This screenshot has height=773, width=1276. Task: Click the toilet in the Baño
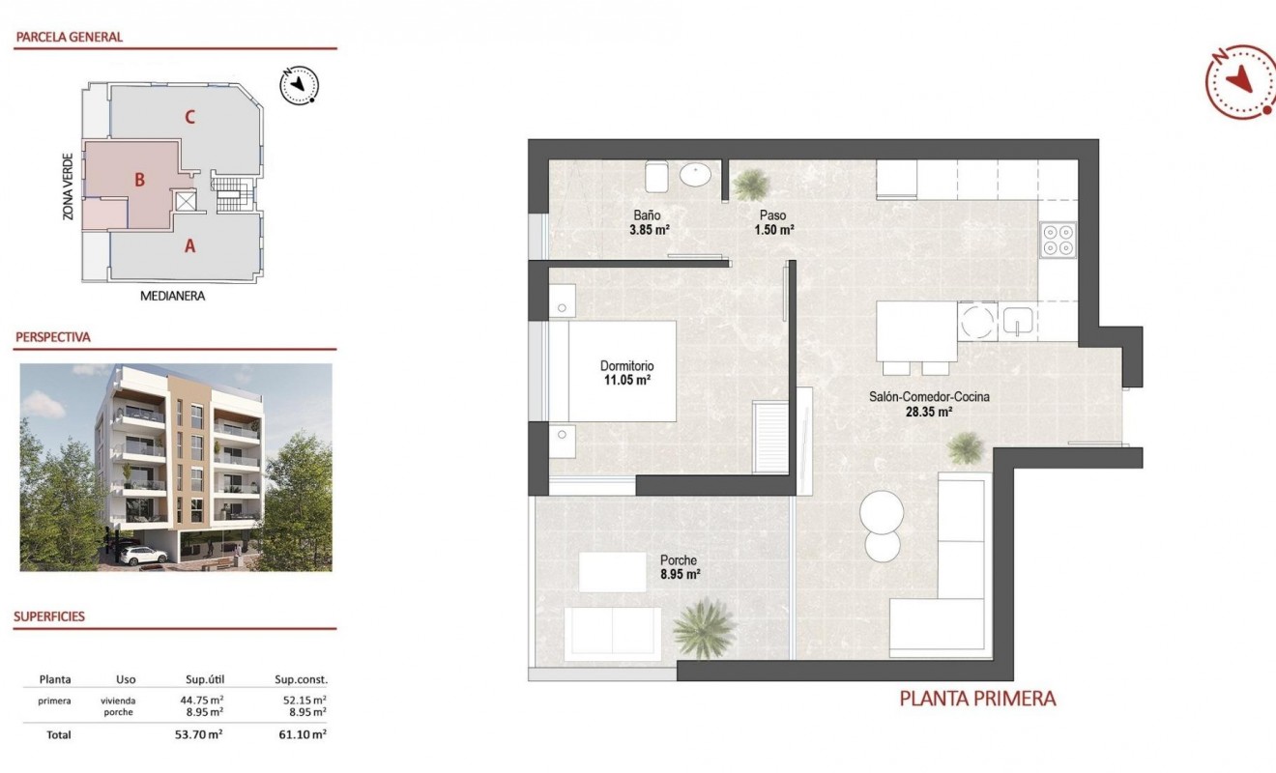click(656, 177)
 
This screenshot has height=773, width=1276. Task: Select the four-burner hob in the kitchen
click(1058, 239)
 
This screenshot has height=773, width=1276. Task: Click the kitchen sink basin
click(1016, 321)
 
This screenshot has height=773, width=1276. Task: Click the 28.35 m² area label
click(929, 412)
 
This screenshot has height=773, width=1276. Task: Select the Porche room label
click(679, 560)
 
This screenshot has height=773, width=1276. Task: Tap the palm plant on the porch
click(704, 627)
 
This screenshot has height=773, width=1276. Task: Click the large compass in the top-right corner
click(1240, 81)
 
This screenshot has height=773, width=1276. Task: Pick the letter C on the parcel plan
click(190, 118)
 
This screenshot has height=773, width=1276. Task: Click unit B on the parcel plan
click(140, 180)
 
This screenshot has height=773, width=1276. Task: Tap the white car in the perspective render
click(143, 556)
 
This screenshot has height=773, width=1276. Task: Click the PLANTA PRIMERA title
click(977, 699)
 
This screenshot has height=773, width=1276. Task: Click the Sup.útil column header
click(204, 679)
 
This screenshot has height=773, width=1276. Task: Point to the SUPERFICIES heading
click(49, 616)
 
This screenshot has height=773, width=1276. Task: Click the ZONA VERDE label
click(68, 185)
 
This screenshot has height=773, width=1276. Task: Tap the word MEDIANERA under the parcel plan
click(173, 296)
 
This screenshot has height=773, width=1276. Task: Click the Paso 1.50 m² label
click(773, 223)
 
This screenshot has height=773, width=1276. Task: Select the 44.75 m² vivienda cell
click(204, 701)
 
